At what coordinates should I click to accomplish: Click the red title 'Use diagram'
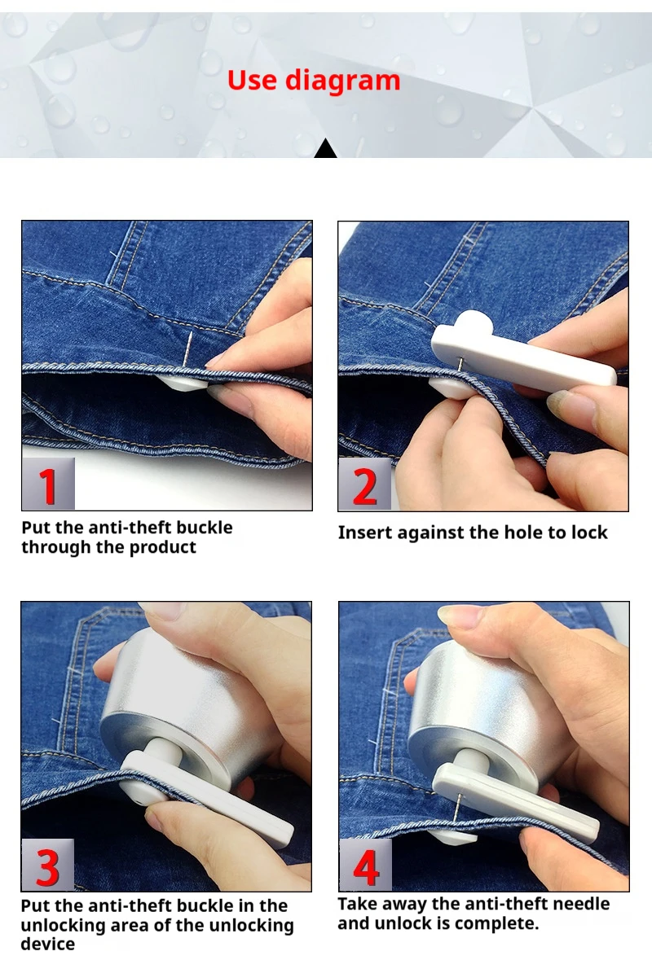[x=314, y=81]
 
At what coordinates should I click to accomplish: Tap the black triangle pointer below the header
[x=326, y=150]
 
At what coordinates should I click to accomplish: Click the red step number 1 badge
[x=48, y=485]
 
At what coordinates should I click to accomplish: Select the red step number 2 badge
[x=364, y=486]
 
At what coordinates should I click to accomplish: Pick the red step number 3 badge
[x=47, y=866]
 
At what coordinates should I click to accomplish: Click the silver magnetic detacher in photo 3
[x=187, y=700]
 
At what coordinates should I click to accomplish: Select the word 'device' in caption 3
[x=47, y=945]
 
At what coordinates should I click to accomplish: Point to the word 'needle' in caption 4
[x=581, y=904]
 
